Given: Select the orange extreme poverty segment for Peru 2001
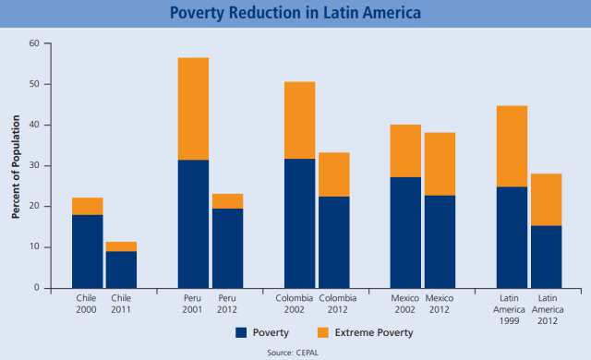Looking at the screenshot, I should [x=193, y=109].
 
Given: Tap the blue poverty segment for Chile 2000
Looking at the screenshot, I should [x=88, y=251].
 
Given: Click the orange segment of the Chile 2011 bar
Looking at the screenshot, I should [x=122, y=246].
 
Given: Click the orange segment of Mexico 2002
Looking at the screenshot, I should [x=405, y=150].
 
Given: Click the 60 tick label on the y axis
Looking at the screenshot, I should [x=34, y=43].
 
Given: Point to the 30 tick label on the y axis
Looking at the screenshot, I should [x=34, y=165].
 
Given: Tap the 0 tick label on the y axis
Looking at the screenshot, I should [x=37, y=288].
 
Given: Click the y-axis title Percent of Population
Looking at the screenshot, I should [x=16, y=166].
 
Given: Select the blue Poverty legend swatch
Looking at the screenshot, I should [x=240, y=331].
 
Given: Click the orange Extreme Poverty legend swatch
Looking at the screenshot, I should [x=323, y=331].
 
